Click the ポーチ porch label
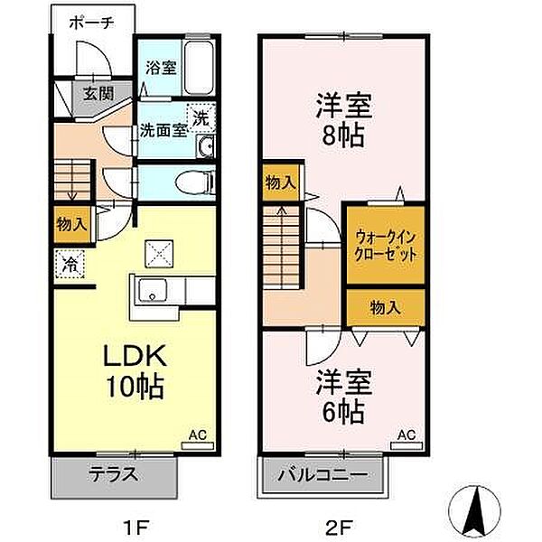[x=91, y=23]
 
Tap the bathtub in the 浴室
[x=198, y=68]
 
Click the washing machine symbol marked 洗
[x=201, y=117]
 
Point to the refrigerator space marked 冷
[x=70, y=264]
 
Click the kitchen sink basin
[x=153, y=290]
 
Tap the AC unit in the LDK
[x=198, y=445]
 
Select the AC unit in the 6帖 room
[x=406, y=445]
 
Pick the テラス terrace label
[x=114, y=474]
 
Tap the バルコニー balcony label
[x=322, y=475]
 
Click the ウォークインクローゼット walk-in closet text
[x=386, y=246]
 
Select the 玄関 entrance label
[x=98, y=93]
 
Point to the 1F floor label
[x=135, y=527]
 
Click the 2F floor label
[x=339, y=527]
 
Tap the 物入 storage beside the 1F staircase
[x=71, y=224]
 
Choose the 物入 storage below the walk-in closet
[x=385, y=307]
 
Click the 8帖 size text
[x=343, y=135]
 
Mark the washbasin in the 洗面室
[x=205, y=146]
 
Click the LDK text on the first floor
[x=135, y=355]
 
